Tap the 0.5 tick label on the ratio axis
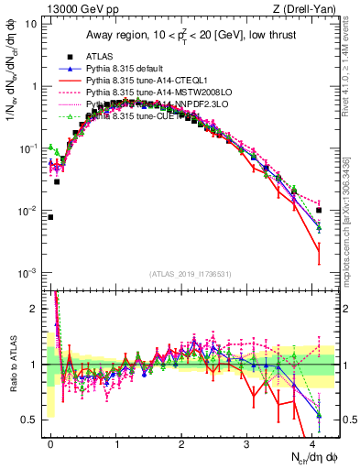(x=29, y=420)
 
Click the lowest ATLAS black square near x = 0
(x=50, y=217)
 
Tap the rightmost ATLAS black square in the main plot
(x=319, y=211)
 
